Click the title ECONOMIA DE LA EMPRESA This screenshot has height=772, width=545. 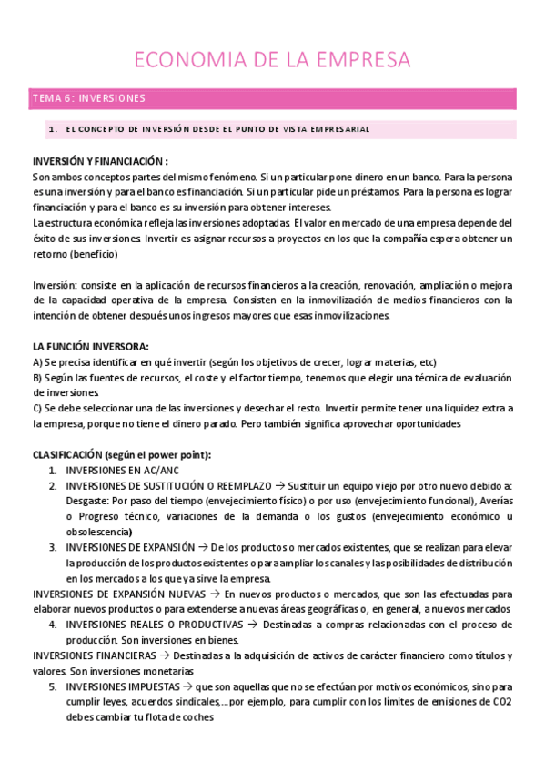[272, 60]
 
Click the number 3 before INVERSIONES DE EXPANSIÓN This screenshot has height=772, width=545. [53, 547]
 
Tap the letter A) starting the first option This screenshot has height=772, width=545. [37, 362]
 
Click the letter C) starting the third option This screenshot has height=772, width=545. [37, 409]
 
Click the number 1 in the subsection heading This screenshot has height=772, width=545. [53, 129]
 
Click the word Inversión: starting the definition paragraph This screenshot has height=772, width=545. [55, 284]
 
